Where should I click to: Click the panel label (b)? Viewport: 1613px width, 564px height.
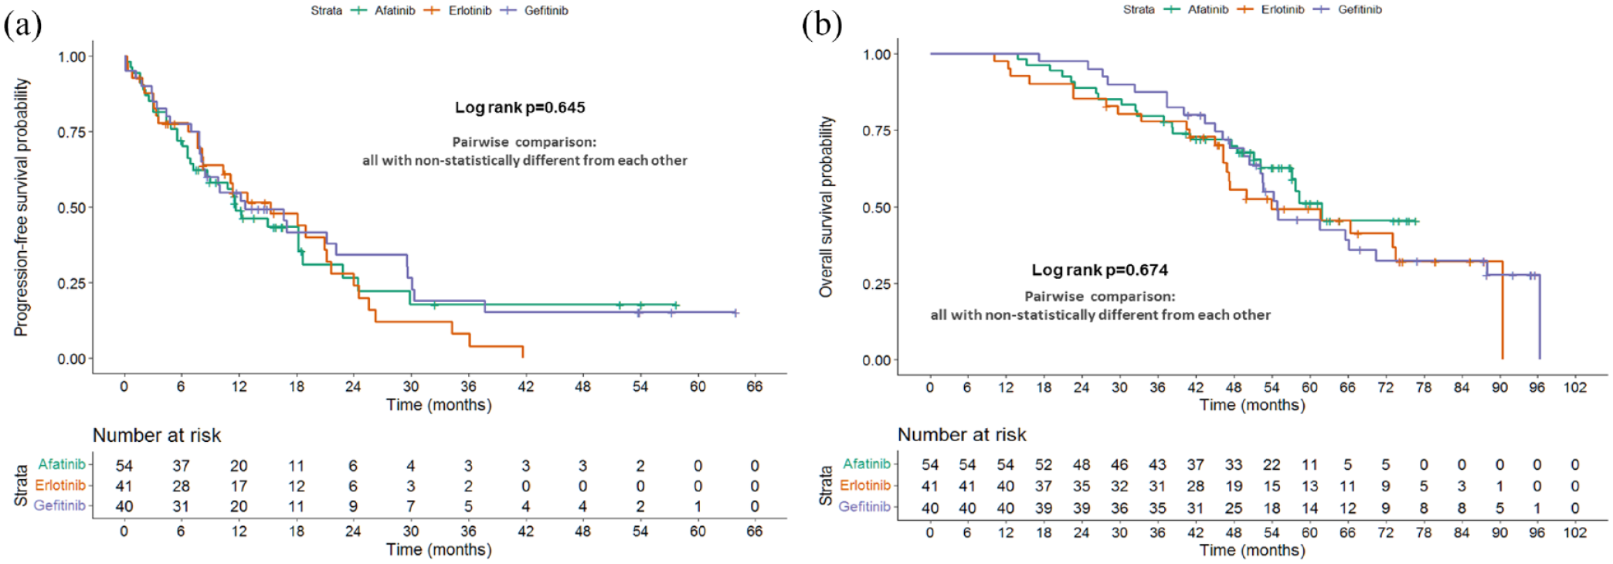821,25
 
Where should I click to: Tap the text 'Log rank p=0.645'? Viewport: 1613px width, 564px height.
520,107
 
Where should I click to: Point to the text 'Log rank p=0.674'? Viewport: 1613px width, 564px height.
1099,270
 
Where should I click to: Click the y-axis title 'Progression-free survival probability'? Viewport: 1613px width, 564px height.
21,207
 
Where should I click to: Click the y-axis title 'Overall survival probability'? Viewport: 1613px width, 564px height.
826,206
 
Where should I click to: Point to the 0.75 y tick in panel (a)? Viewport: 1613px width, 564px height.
72,132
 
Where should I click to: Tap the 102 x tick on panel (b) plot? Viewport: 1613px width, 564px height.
1574,387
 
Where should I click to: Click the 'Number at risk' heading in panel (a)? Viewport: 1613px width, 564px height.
157,435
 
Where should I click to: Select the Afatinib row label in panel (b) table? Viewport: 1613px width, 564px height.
866,464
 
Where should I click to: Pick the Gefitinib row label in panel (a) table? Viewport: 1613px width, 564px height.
59,505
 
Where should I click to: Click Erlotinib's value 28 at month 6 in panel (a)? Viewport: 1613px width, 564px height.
181,486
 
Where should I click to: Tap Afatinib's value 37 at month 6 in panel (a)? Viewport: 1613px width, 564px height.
181,466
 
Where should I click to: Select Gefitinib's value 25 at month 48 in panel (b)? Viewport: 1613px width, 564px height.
1234,508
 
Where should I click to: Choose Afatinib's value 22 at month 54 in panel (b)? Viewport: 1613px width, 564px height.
1272,464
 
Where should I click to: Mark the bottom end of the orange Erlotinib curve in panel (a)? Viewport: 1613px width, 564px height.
523,357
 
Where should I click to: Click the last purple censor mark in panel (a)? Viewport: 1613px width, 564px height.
735,313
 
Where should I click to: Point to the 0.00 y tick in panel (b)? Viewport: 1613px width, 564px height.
877,360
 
